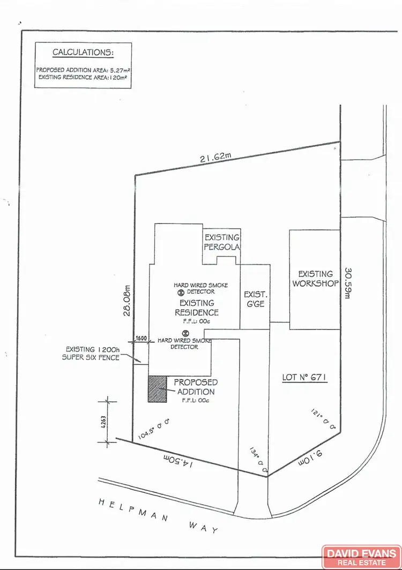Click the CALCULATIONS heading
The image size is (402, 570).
click(83, 52)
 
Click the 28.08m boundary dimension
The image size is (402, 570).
click(127, 301)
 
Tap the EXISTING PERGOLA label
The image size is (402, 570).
click(221, 242)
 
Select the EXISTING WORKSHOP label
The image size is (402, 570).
click(316, 279)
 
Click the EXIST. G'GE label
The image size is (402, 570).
click(255, 299)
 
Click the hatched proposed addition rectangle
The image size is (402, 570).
click(157, 389)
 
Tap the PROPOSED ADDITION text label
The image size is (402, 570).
click(195, 387)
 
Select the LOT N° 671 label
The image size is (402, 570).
click(304, 378)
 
